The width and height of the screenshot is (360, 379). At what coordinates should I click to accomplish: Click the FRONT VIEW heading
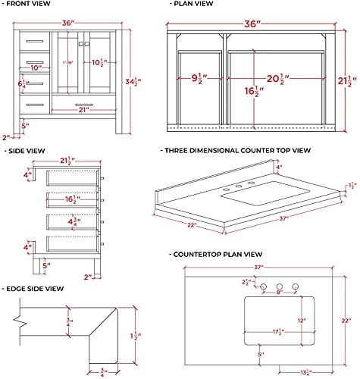[x=32, y=5]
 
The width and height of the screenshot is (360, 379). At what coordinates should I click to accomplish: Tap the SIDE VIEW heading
[x=27, y=152]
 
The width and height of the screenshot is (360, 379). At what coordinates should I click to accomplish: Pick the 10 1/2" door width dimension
[x=97, y=62]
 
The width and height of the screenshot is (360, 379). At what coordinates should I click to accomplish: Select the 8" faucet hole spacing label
[x=278, y=291]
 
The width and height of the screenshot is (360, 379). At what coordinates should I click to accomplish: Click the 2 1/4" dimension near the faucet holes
[x=247, y=283]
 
